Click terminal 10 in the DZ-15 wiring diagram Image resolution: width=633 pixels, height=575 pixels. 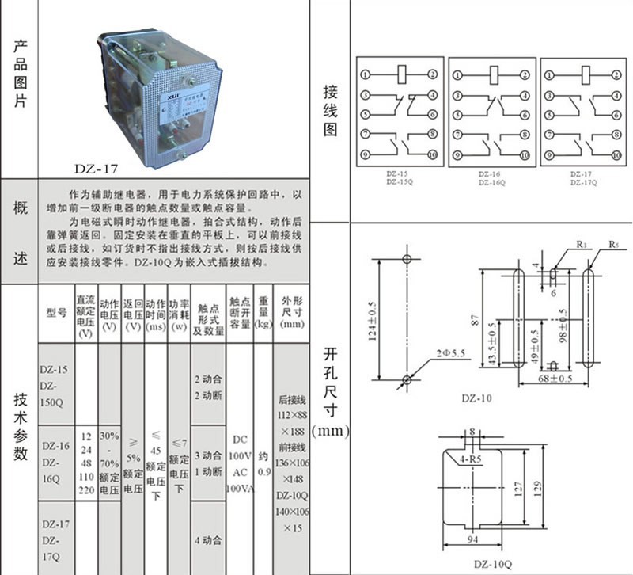(433, 154)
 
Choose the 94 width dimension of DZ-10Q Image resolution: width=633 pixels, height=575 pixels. (472, 540)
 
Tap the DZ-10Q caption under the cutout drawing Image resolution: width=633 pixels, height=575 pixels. (490, 563)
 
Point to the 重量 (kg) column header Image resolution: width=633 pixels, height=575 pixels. (263, 312)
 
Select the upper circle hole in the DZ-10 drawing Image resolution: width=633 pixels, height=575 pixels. (407, 259)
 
